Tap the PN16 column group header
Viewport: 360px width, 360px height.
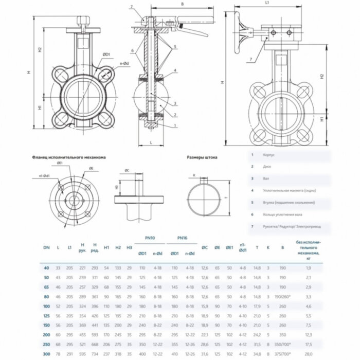182,238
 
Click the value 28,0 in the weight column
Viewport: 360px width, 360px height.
308,354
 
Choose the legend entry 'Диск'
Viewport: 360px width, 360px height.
267,167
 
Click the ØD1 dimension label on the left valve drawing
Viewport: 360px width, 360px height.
106,55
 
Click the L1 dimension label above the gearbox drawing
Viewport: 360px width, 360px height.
267,3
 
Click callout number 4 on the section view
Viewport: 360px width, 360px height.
175,70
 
